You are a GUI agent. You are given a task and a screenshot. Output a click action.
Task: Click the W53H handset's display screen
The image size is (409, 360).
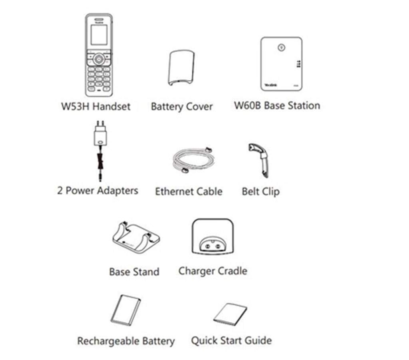point(99,35)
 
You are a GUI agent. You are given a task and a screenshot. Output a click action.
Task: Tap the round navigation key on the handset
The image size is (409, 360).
point(99,59)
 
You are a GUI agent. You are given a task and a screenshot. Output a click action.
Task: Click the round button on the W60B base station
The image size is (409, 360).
point(281,48)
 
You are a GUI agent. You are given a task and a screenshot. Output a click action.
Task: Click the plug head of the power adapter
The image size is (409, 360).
point(100,133)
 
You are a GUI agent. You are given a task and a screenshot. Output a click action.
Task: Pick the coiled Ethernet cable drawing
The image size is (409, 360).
point(193,160)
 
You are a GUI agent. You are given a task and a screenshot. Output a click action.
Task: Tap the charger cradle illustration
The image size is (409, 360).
point(212,237)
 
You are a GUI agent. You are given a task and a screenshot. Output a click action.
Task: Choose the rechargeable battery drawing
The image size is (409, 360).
point(125,310)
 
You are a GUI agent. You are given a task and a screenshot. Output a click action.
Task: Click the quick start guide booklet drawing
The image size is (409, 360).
point(230,314)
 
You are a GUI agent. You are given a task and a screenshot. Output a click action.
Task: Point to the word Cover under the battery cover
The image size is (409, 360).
point(199,106)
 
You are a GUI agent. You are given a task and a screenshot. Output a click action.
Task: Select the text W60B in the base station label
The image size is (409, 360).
point(248,105)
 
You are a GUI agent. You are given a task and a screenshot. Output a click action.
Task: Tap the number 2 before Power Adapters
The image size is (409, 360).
point(60,191)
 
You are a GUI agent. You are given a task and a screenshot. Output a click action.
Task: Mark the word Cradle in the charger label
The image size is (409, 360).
point(232,271)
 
